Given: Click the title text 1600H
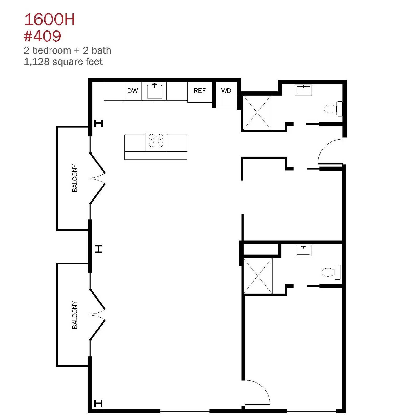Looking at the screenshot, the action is [x=50, y=20].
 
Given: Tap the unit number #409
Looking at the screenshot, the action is [x=42, y=36].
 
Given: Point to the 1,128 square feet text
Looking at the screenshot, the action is [x=63, y=62].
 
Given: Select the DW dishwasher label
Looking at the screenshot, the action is [x=133, y=91].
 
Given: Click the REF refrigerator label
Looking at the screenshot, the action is [x=199, y=91].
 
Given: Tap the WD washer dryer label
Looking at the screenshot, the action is [x=226, y=91].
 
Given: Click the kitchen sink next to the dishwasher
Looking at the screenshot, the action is [x=154, y=91].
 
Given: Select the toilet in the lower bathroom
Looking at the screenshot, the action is [x=331, y=272].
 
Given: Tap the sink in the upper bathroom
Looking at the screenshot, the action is [x=303, y=90].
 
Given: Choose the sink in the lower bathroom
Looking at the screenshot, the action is [x=303, y=250].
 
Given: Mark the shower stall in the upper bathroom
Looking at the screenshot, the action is [x=257, y=113].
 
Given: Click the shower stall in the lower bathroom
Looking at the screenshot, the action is [x=258, y=276].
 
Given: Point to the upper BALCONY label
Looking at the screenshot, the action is [x=75, y=178].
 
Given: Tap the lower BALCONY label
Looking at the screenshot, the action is [x=75, y=315].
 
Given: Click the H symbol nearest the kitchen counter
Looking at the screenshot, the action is [x=98, y=123].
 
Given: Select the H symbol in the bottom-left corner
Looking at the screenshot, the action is [x=98, y=403].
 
